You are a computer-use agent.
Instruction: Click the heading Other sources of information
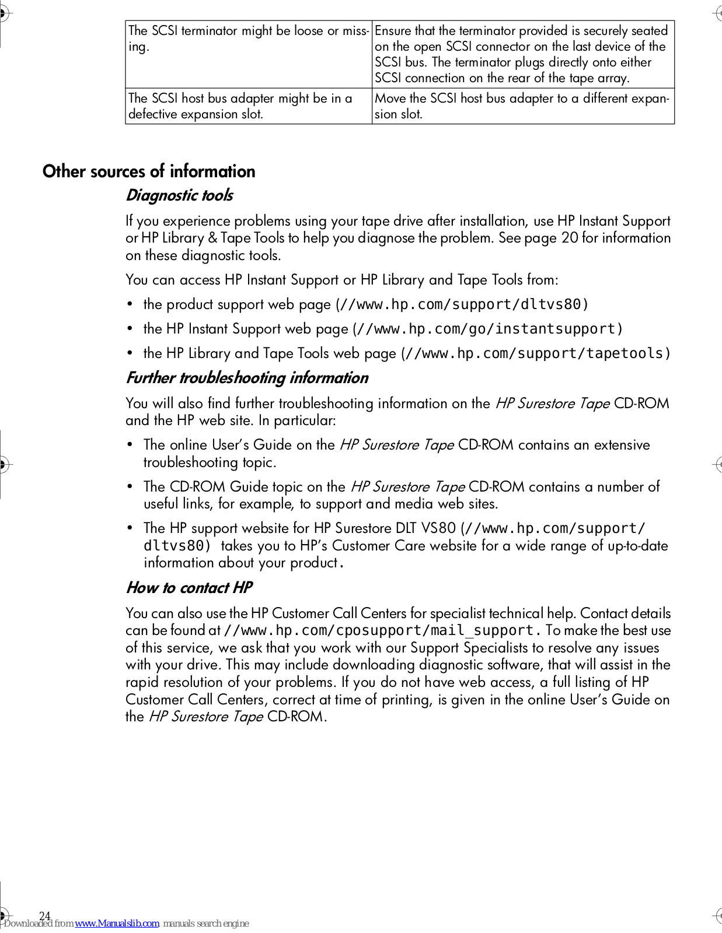[149, 171]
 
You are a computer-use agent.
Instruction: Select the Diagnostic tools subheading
[179, 195]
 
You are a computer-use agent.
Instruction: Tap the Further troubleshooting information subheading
[247, 378]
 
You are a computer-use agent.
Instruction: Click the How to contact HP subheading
[189, 588]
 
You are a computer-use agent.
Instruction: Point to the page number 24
[45, 916]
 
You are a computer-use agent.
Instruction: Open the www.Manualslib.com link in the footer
[117, 923]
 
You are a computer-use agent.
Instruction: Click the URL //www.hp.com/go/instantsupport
[487, 329]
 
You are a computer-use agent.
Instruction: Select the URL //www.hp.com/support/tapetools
[535, 353]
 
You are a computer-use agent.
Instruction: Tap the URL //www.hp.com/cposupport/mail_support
[379, 630]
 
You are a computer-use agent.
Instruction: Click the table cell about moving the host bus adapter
[522, 106]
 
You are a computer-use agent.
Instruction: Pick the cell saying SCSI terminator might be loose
[248, 38]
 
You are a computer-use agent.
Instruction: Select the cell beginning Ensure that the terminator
[522, 54]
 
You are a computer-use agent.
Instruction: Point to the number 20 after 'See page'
[570, 238]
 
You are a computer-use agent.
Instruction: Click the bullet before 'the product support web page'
[130, 304]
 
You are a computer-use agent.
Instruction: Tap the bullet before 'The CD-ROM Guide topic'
[130, 487]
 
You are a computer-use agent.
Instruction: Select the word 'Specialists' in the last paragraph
[496, 648]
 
